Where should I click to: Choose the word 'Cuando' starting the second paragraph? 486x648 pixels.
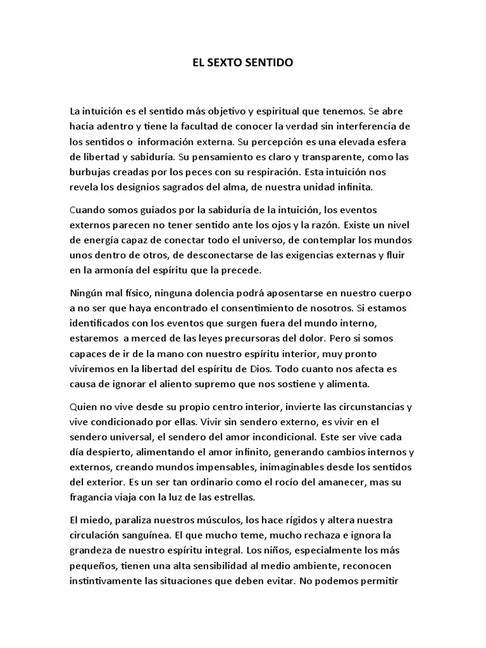point(87,209)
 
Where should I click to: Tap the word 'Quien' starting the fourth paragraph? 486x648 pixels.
point(84,407)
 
